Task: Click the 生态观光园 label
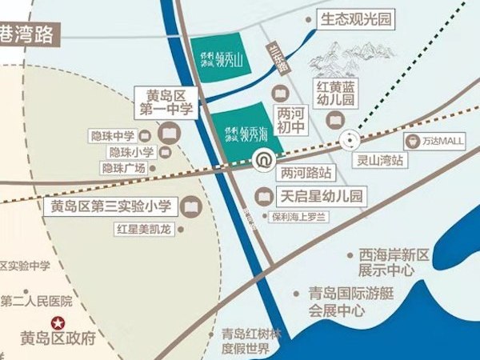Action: pyautogui.click(x=355, y=18)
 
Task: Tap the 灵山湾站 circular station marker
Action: pyautogui.click(x=350, y=141)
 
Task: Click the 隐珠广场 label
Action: pyautogui.click(x=124, y=168)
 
